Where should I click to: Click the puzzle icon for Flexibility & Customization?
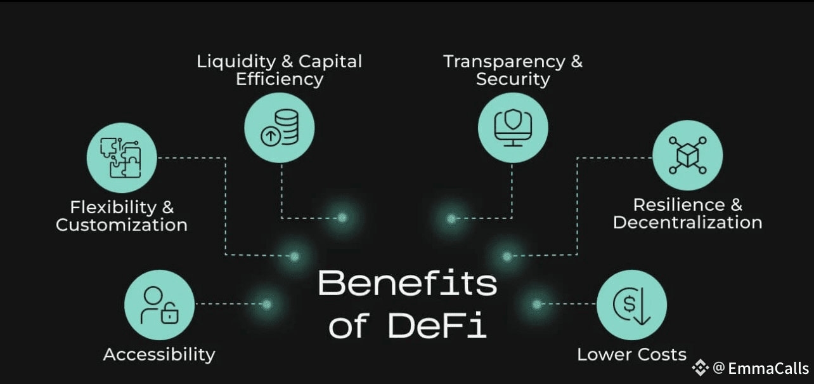122,158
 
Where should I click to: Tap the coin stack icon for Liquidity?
280,128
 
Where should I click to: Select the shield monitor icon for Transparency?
512,128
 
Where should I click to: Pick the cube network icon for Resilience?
687,156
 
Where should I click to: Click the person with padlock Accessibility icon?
160,305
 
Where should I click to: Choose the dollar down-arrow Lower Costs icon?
632,305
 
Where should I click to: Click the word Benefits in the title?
407,283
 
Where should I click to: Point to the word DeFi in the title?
437,325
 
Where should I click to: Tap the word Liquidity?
236,62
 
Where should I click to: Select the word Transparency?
505,62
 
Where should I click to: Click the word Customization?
122,225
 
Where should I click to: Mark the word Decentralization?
687,222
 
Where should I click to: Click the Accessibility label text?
159,354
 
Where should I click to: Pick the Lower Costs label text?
631,354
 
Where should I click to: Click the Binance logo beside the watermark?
700,367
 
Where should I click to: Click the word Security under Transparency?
513,79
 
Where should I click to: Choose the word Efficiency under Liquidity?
280,79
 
